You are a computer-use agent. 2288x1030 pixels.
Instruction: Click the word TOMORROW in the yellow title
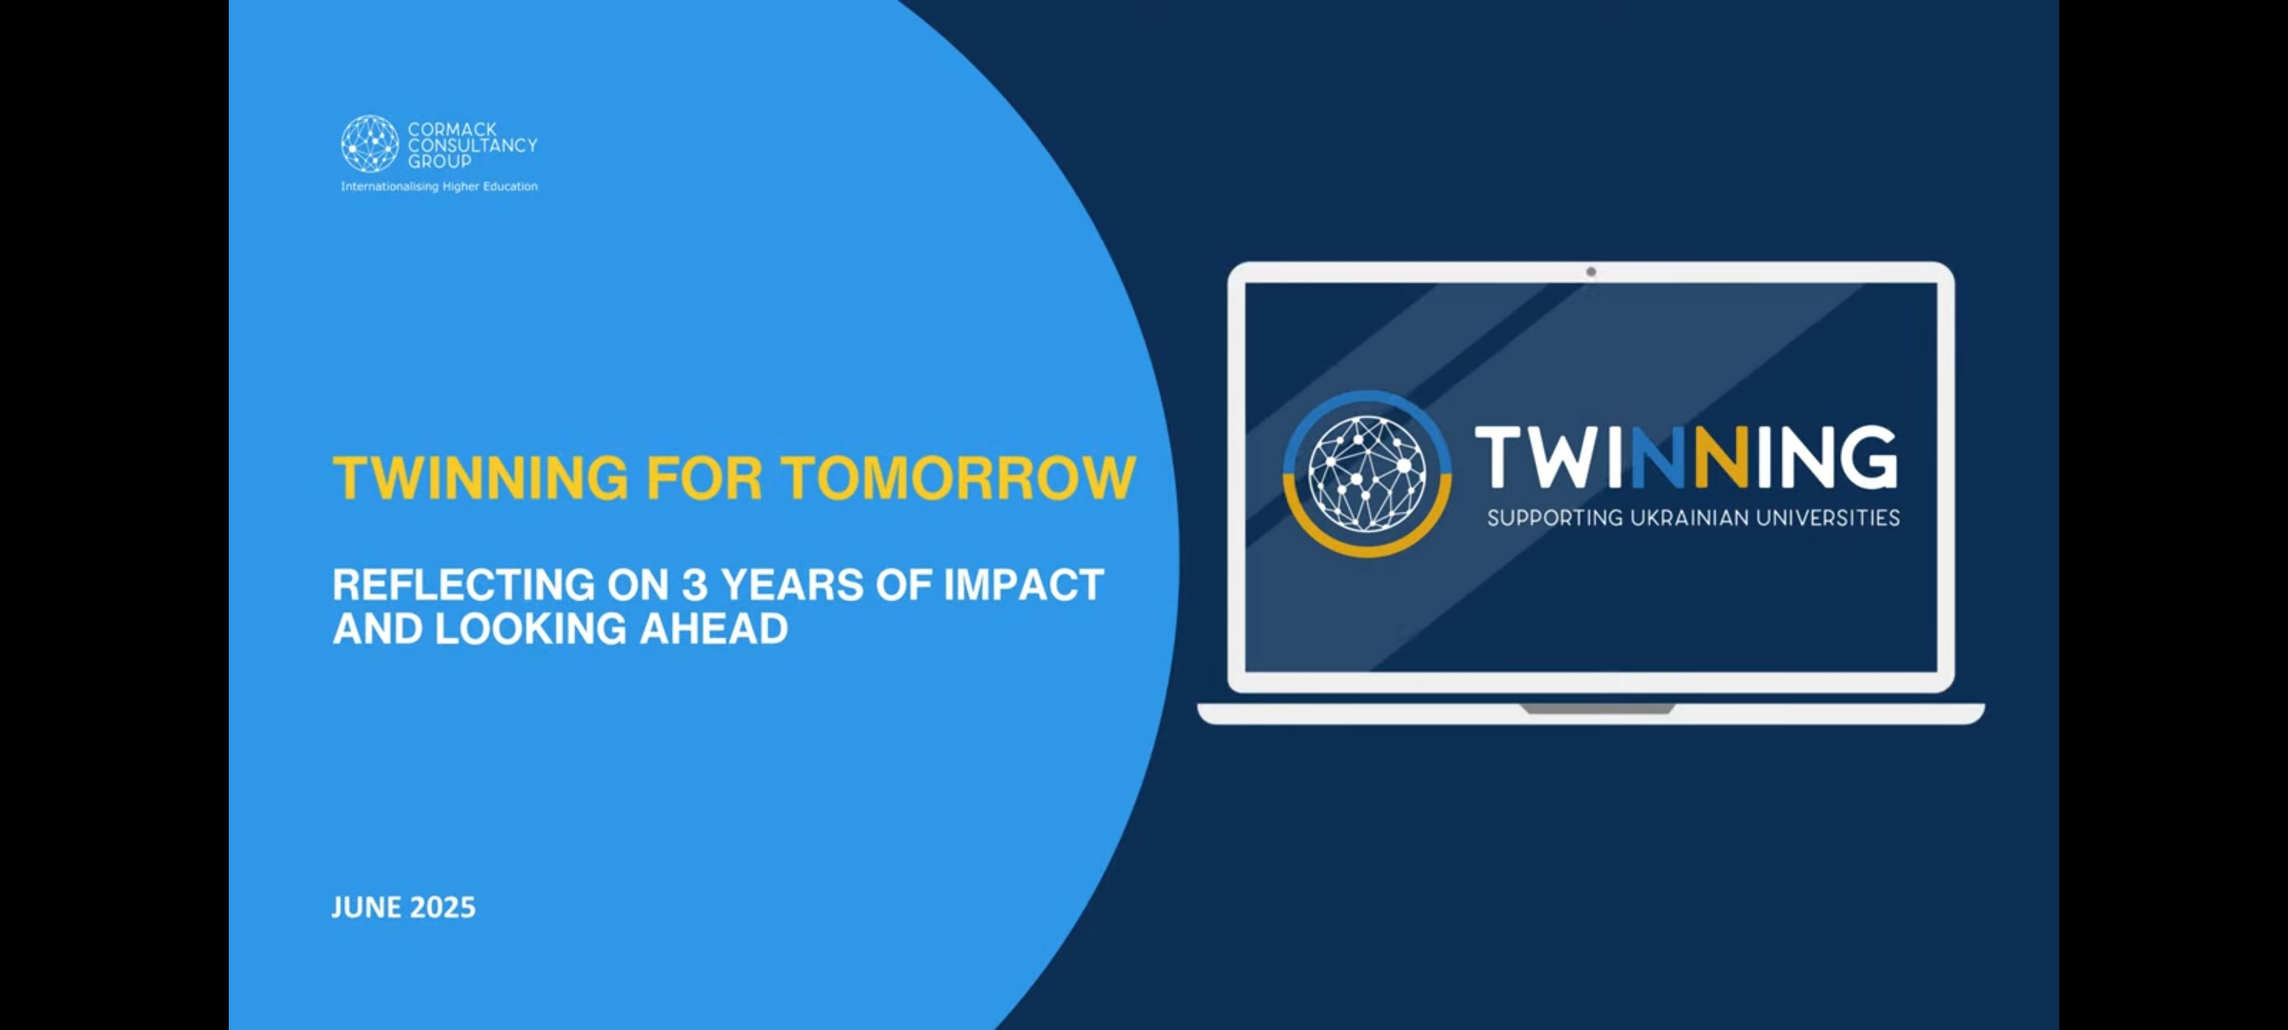coord(959,478)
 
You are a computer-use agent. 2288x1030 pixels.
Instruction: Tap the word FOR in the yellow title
coord(705,478)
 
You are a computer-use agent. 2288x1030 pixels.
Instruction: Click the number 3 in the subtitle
coord(694,585)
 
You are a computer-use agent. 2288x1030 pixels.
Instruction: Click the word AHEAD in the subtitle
coord(714,629)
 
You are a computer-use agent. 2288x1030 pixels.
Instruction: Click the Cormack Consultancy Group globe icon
coord(370,144)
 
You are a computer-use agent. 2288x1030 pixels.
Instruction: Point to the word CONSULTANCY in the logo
coord(473,145)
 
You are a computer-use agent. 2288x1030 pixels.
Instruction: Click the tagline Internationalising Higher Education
coord(439,187)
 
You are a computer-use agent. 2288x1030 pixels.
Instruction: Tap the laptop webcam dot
coord(1591,272)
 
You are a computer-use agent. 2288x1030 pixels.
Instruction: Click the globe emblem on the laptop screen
coord(1368,473)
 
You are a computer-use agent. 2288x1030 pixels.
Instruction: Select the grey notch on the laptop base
coord(1597,709)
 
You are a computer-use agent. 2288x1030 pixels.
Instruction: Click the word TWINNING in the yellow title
coord(480,478)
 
